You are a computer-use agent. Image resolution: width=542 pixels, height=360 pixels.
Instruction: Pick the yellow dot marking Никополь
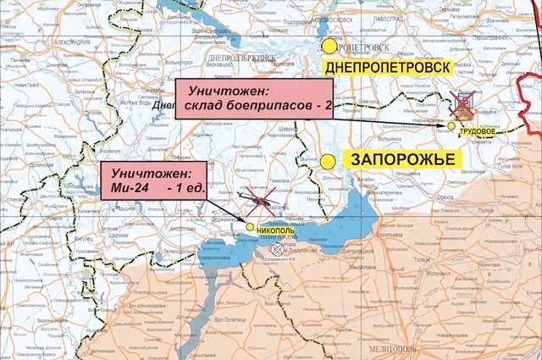point(249,226)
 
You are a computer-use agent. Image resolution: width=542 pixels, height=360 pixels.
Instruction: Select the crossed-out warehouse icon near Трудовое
point(463,105)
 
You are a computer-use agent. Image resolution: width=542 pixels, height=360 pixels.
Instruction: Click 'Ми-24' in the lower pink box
point(123,188)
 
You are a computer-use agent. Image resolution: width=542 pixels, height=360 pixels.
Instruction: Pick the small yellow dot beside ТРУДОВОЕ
point(452,125)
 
